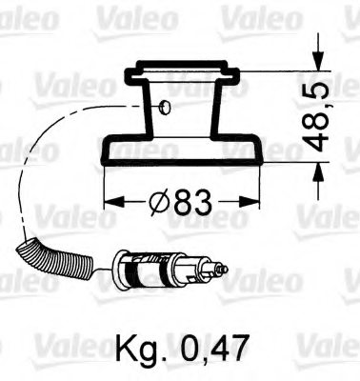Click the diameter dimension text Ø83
coord(181,202)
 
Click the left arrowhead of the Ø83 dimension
coord(108,202)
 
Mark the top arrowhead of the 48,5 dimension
coord(313,75)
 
